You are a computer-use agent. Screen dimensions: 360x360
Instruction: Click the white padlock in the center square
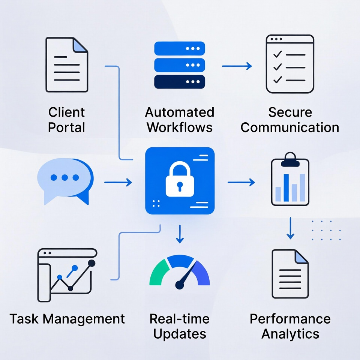[x=180, y=179]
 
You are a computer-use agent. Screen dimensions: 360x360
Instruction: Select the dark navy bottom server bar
[x=180, y=81]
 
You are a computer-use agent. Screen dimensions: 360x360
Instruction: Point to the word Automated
[x=180, y=112]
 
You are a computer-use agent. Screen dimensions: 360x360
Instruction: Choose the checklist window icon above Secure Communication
[x=290, y=64]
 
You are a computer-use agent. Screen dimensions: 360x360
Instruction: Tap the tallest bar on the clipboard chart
[x=286, y=187]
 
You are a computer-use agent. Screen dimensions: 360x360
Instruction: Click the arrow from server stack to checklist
[x=237, y=66]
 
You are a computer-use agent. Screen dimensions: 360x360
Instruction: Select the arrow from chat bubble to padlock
[x=118, y=183]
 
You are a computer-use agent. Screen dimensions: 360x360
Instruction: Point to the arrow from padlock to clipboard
[x=241, y=183]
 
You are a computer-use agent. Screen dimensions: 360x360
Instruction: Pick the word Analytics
[x=290, y=334]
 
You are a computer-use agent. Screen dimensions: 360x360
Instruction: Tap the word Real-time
[x=180, y=319]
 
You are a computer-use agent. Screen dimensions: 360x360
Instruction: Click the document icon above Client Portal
[x=66, y=64]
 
